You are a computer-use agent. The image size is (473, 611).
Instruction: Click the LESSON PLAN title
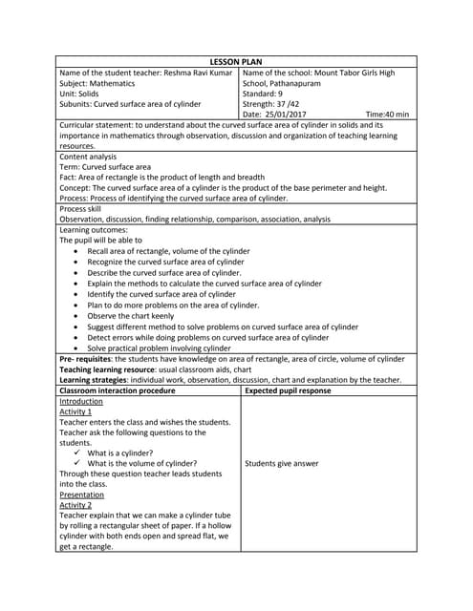pos(236,62)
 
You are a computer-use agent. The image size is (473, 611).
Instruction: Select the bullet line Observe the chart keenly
pos(131,315)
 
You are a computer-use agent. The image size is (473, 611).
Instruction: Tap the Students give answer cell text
pos(282,463)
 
